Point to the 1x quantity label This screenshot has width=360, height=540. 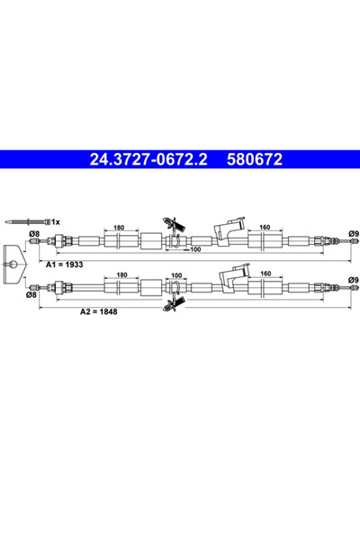tap(54, 220)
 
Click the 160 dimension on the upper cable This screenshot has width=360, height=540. tap(264, 229)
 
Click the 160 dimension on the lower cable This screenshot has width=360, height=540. tap(264, 274)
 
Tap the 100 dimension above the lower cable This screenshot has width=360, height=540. tap(177, 274)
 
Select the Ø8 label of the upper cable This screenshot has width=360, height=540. tap(33, 236)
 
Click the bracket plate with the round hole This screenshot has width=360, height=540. tap(15, 263)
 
